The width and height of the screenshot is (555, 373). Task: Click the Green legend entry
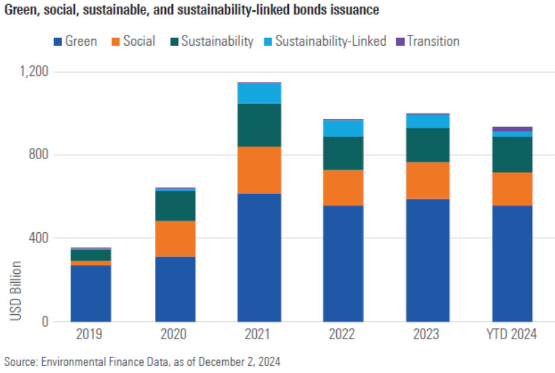tap(75, 42)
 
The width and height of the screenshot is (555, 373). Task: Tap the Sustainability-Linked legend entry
tap(324, 42)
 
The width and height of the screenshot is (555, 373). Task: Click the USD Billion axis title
tap(15, 291)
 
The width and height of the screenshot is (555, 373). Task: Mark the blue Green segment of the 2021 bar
tap(259, 257)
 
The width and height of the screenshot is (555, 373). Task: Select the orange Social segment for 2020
tap(175, 239)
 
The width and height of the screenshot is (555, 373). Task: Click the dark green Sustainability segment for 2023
tap(428, 145)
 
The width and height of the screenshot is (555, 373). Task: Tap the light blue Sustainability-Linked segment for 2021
tap(259, 94)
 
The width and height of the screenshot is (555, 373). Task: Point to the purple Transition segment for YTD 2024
tap(512, 129)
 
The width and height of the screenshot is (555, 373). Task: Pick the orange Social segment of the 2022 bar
tap(343, 188)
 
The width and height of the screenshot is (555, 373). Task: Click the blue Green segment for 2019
tap(90, 293)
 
